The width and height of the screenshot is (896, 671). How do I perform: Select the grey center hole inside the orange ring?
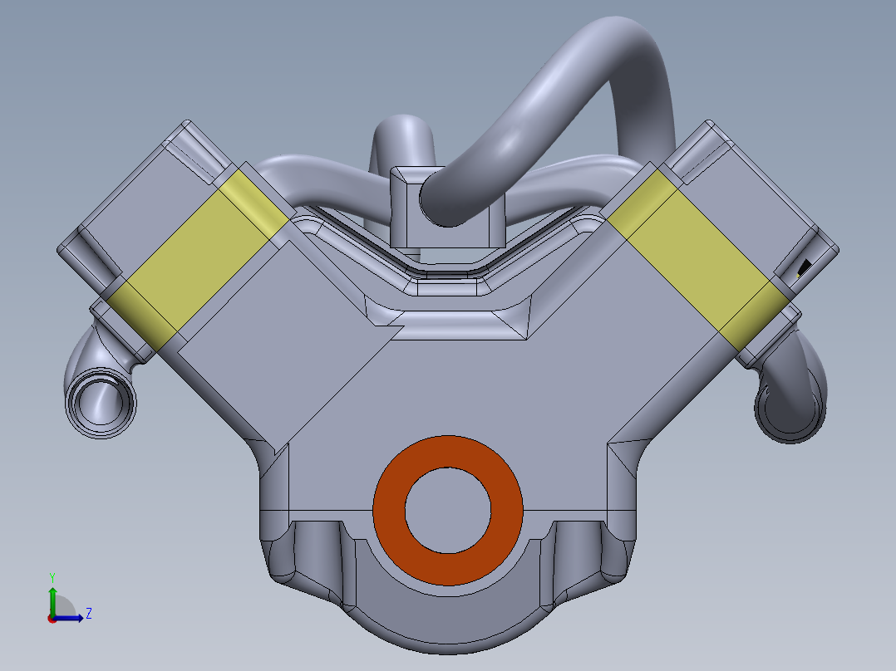(447, 510)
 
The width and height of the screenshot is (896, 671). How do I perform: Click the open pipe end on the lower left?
(101, 404)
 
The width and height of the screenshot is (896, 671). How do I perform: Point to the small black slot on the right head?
(804, 267)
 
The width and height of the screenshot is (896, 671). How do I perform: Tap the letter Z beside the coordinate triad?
(88, 614)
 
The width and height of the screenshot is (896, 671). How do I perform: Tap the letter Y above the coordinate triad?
(52, 576)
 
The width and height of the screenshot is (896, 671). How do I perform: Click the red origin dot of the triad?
(52, 618)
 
